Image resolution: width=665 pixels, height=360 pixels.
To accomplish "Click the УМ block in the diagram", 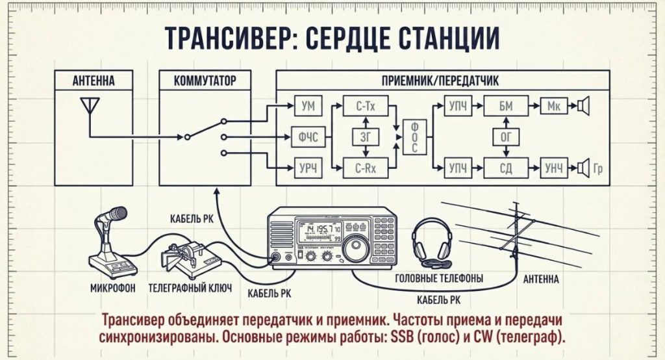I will coord(307,105).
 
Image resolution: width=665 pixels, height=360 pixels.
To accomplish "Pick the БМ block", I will coord(507,105).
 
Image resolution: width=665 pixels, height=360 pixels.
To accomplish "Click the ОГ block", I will coord(507,136).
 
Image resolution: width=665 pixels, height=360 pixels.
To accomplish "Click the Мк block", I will coord(554,105).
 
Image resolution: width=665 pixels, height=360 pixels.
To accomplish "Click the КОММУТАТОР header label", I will coord(205,81).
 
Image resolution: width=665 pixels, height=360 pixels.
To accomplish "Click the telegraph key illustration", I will coord(188,257).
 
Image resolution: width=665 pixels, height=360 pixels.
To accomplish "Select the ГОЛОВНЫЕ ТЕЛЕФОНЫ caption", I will coord(439,279).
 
